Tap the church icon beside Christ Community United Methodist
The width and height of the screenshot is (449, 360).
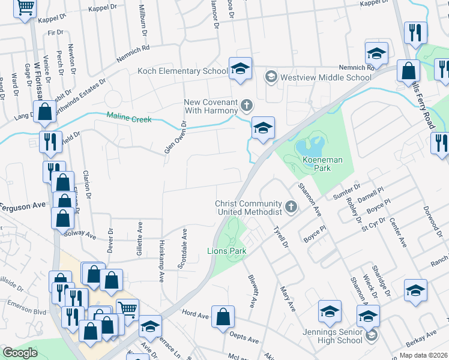291,208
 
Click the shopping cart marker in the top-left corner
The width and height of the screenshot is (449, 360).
25,7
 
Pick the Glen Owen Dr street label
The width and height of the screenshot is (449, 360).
174,137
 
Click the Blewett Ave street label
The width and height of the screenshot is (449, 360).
252,290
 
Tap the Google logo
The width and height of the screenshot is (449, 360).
20,353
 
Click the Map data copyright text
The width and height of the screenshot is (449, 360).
423,355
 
